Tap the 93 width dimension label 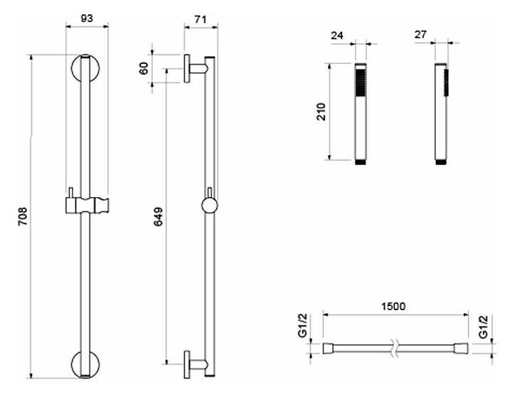(87, 18)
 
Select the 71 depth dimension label (201, 19)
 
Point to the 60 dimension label (144, 68)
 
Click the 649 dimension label (158, 216)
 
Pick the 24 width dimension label (337, 35)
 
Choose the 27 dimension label (421, 34)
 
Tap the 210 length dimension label (321, 112)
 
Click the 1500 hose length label (393, 306)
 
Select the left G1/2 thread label (304, 326)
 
